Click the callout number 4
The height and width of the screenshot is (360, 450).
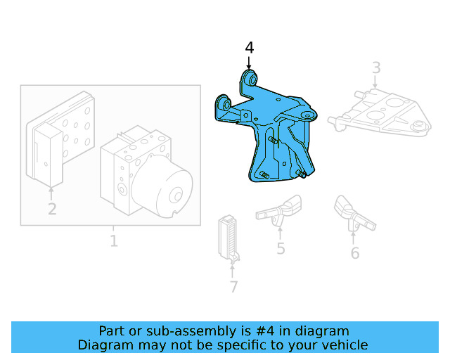(250, 48)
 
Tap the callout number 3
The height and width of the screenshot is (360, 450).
(376, 67)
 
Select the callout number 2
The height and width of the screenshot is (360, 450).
(52, 209)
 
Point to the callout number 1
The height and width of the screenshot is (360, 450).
(114, 241)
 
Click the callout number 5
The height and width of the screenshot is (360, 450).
(281, 248)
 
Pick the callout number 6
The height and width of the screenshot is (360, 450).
(355, 253)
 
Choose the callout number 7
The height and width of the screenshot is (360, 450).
(234, 286)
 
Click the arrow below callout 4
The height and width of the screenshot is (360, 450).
(249, 63)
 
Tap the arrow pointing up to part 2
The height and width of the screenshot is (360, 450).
(51, 193)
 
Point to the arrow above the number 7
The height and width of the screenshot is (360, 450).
(232, 271)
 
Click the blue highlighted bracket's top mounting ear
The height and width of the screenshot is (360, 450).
(249, 79)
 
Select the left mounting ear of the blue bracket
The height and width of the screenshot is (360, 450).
(224, 104)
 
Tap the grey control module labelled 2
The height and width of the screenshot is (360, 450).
(61, 139)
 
